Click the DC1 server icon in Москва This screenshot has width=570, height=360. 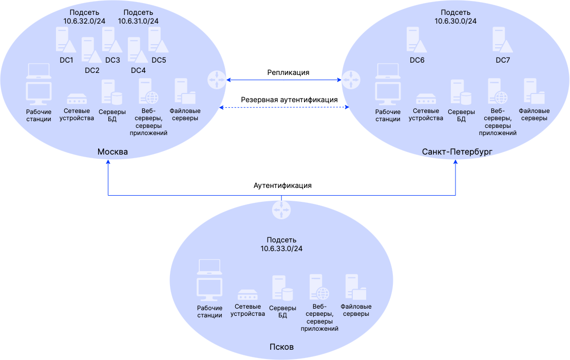(x=65, y=40)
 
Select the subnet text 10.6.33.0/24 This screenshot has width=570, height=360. (x=281, y=249)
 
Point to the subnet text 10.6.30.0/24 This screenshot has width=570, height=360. (x=455, y=22)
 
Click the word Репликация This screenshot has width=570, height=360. (x=288, y=72)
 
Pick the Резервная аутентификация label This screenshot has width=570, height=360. (x=289, y=100)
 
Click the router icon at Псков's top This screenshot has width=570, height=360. (x=281, y=210)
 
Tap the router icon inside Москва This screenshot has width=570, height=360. (x=216, y=80)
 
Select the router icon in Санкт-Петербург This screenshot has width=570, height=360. (x=351, y=80)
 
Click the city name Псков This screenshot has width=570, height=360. (x=281, y=347)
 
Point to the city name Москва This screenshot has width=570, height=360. (x=112, y=152)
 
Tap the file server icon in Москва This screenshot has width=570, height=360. (x=184, y=91)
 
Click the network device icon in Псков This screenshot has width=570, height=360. (x=247, y=295)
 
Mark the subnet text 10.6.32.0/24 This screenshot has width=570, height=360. (x=84, y=21)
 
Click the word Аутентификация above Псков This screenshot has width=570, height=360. (x=282, y=185)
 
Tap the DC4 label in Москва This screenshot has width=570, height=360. (x=138, y=70)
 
